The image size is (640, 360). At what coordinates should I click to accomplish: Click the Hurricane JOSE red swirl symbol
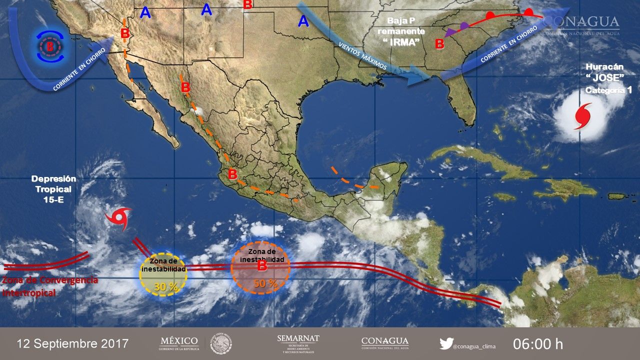coord(583,115)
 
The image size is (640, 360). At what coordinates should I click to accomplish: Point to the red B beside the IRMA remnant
coord(439,44)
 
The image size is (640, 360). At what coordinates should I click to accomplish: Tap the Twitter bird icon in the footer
coord(446,344)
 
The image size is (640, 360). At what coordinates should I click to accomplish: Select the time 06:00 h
coord(537,344)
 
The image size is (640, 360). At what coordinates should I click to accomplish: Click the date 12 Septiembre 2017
coord(72,344)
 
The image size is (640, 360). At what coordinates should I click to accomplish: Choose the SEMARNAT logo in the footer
coord(298,343)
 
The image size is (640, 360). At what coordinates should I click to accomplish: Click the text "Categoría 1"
coord(605,90)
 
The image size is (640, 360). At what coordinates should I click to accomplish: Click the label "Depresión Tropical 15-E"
coord(53,189)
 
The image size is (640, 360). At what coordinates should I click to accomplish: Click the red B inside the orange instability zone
coord(261,266)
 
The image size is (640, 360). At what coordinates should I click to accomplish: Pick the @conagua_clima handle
coord(474,344)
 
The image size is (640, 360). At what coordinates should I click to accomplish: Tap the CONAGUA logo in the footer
coord(384,343)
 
